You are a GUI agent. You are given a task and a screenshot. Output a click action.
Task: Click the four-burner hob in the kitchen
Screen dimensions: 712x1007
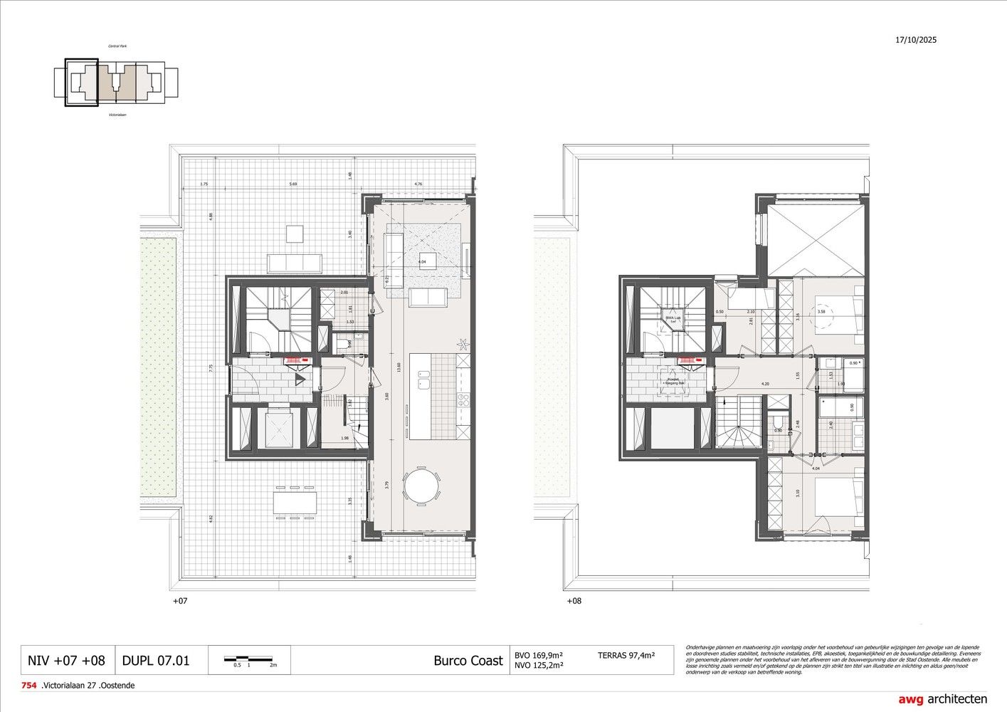463,399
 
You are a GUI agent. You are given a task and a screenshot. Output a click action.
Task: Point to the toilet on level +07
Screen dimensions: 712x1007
344,345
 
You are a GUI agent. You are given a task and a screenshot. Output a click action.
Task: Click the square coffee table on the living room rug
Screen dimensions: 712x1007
428,258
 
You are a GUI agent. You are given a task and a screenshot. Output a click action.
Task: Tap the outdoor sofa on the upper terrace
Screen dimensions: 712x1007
295,263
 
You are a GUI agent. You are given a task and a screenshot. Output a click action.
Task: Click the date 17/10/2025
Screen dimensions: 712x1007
916,41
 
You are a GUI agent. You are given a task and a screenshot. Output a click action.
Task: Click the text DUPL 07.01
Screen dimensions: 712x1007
156,660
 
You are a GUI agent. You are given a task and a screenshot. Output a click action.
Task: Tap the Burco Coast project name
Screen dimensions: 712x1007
468,660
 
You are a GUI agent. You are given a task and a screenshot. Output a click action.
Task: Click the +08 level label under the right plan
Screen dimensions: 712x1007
574,601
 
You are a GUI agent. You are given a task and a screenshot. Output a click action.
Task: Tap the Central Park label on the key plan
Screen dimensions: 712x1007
117,46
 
